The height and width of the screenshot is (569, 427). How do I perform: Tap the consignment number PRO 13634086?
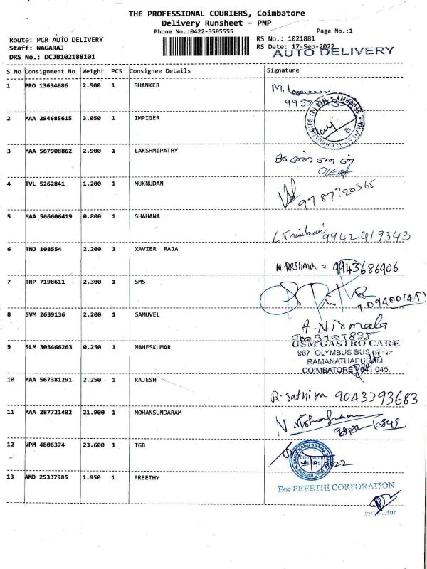click(x=47, y=85)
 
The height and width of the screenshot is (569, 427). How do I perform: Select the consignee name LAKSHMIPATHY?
click(x=156, y=151)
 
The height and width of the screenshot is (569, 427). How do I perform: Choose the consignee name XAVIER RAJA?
click(x=156, y=249)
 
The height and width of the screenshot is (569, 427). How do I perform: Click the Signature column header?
click(x=283, y=71)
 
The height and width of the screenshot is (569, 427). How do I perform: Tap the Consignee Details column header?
click(x=160, y=71)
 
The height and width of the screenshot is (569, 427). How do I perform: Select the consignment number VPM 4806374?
click(x=47, y=445)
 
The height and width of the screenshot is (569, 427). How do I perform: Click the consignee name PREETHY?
click(x=148, y=477)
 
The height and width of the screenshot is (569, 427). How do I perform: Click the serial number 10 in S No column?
click(x=11, y=379)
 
